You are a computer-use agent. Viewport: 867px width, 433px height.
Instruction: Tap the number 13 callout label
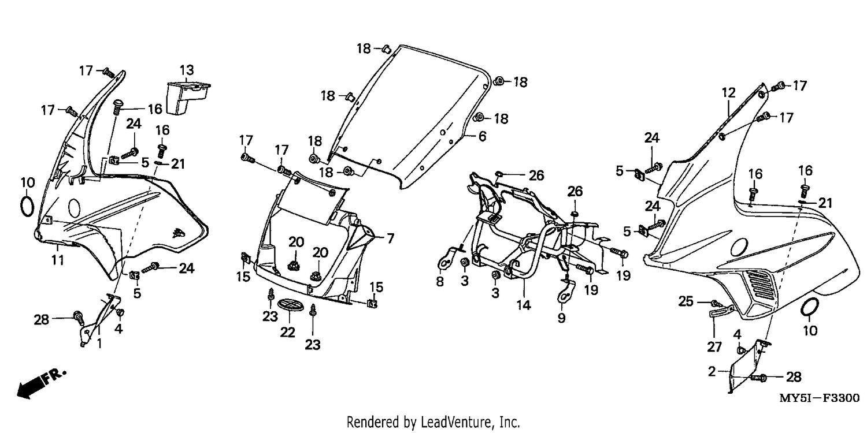pos(187,70)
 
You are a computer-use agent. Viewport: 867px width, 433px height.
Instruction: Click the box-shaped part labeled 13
pos(188,98)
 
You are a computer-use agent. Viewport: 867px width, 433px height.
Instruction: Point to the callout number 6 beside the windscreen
pos(482,136)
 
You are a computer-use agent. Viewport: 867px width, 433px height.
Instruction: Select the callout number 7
pos(390,238)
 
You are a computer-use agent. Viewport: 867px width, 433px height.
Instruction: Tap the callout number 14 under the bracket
pos(523,305)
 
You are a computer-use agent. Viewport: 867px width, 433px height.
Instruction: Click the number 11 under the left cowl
pos(58,260)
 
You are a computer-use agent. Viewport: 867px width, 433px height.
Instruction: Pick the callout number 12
pos(728,93)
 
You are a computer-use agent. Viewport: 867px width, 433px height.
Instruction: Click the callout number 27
pos(714,347)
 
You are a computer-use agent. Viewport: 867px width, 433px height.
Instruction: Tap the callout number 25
pos(686,301)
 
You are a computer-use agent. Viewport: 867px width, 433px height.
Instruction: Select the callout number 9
pos(561,318)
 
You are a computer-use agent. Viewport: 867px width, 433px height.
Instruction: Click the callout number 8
pos(440,282)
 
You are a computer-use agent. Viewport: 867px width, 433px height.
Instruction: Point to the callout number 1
pos(99,343)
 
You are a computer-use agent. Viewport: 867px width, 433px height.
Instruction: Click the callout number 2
pos(712,372)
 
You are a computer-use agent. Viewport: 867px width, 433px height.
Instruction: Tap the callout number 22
pos(287,332)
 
